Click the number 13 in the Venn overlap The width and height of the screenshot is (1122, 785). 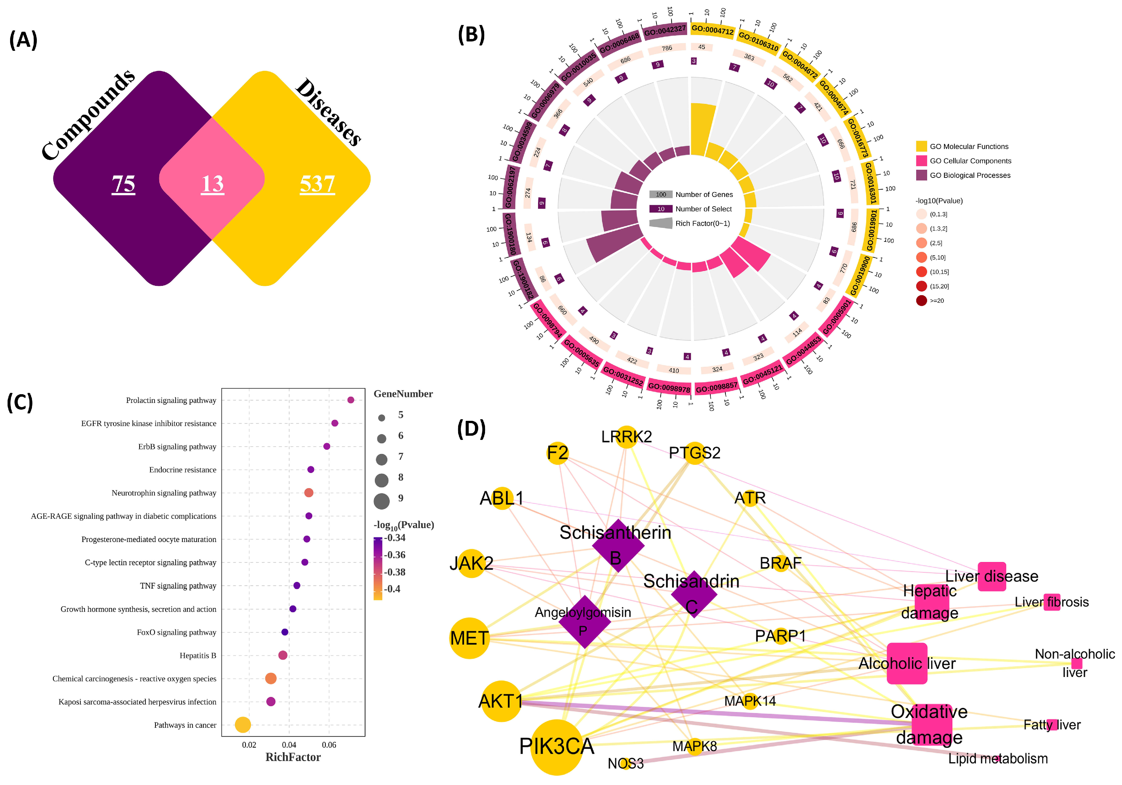click(x=212, y=184)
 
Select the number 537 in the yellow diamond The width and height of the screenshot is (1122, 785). click(x=317, y=184)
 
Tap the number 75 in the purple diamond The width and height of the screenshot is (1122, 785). click(x=123, y=184)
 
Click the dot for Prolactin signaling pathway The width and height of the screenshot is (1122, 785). click(x=350, y=400)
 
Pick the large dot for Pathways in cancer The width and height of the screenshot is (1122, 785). click(x=243, y=725)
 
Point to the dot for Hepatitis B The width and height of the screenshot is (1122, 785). click(x=282, y=655)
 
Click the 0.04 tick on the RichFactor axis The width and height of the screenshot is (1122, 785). click(x=289, y=745)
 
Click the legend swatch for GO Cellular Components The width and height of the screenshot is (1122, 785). click(x=921, y=161)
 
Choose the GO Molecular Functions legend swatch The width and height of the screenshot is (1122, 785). click(x=921, y=146)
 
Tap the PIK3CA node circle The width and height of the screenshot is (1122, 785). click(x=556, y=747)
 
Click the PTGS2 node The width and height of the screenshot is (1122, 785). click(x=694, y=453)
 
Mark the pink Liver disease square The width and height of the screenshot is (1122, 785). click(x=992, y=576)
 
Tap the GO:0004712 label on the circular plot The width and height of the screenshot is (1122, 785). click(x=712, y=30)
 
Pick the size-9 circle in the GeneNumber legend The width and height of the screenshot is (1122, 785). click(x=382, y=501)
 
